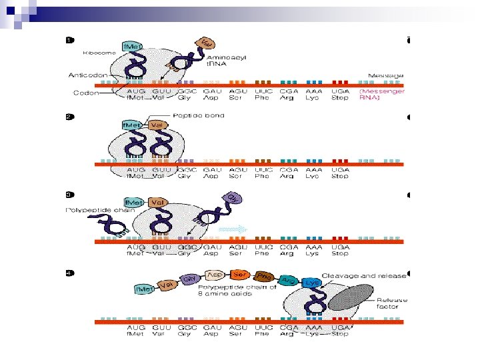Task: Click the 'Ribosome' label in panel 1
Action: (x=100, y=52)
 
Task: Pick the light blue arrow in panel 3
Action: (x=233, y=228)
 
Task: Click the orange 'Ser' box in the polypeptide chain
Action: (x=239, y=274)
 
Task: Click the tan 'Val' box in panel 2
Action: (x=158, y=124)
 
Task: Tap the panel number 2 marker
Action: (x=70, y=117)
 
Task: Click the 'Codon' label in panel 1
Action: (x=87, y=93)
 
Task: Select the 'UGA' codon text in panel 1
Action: (x=340, y=91)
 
